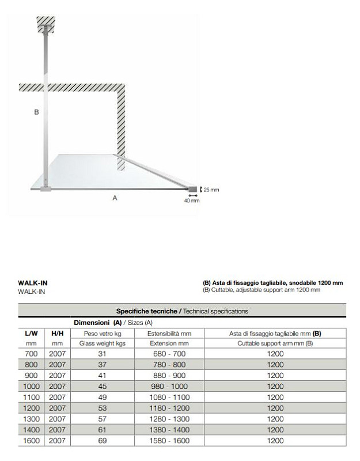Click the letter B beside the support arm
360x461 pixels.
click(36, 112)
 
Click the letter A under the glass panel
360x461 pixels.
click(115, 198)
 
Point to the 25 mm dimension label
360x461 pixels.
click(211, 190)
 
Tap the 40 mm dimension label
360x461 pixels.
click(192, 201)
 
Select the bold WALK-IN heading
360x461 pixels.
click(32, 283)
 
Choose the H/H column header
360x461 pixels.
click(57, 333)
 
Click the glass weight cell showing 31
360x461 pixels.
click(103, 354)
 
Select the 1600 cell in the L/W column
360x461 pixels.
click(31, 441)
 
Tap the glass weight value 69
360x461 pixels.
click(103, 441)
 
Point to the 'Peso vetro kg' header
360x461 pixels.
click(103, 333)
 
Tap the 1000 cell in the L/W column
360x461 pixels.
click(31, 386)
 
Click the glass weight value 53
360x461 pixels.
click(103, 408)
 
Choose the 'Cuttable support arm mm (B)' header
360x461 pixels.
click(275, 343)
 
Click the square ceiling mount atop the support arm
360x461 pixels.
click(46, 24)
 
